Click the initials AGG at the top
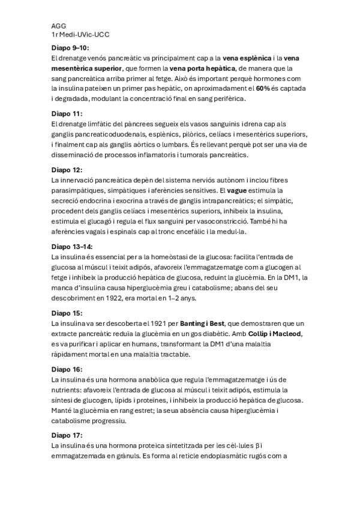pos(59,26)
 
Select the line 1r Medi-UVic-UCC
pos(80,35)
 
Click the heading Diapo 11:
pos(67,113)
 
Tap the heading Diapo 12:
pos(67,169)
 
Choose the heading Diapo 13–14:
pos(72,246)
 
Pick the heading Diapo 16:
pos(67,369)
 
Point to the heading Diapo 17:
pos(67,435)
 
